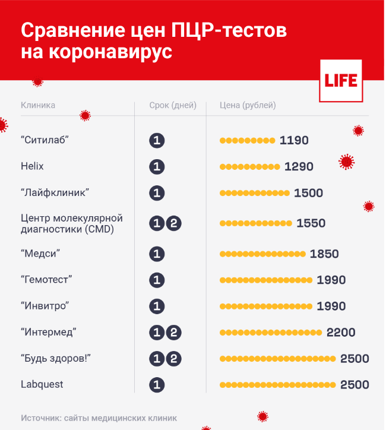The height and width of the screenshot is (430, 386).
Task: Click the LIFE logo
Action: (341, 81)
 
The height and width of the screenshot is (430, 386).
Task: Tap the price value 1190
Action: (294, 141)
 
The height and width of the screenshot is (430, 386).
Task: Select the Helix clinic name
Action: (32, 166)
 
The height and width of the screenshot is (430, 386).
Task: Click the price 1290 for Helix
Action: (299, 167)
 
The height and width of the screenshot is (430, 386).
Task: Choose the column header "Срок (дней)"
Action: (173, 106)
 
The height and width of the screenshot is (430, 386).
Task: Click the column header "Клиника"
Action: (38, 105)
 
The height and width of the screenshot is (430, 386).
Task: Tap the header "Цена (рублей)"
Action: (248, 106)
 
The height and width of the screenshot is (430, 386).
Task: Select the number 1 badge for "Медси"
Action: (157, 254)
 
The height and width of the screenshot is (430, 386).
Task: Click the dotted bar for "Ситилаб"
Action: (247, 141)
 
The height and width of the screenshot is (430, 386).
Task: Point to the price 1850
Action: (324, 254)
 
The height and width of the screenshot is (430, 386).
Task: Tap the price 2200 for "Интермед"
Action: (341, 333)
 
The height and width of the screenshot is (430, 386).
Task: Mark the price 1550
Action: (311, 223)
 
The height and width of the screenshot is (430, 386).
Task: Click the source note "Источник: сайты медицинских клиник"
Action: (99, 418)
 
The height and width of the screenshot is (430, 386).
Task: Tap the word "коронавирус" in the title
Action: (97, 52)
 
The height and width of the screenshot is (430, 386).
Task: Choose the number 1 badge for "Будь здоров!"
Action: (157, 359)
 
